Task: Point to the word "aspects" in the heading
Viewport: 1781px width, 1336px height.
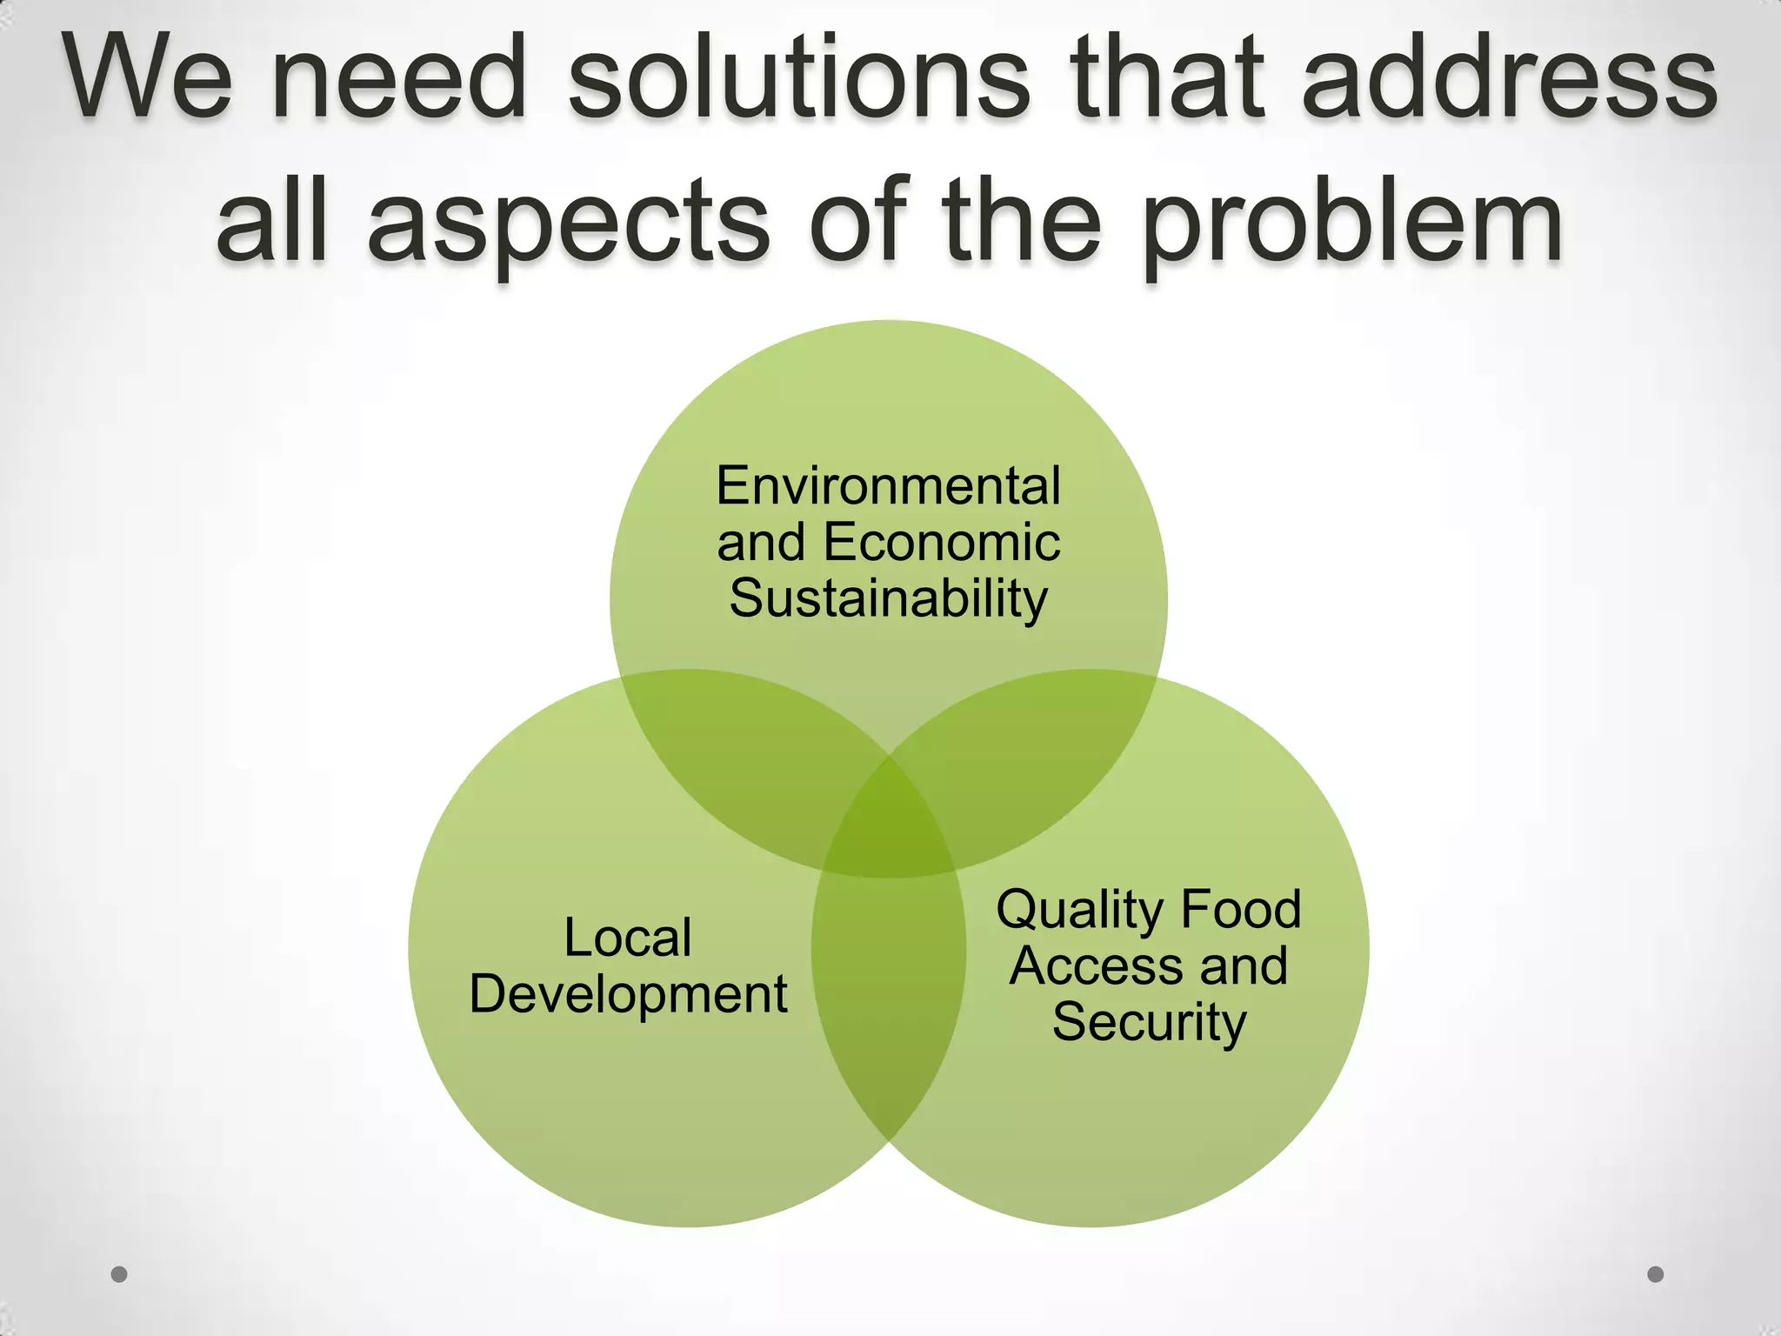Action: [x=569, y=224]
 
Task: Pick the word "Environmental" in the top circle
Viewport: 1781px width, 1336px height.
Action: [x=888, y=485]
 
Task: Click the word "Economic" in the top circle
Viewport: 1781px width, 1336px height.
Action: [x=942, y=543]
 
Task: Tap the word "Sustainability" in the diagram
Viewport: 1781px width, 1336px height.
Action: [x=888, y=598]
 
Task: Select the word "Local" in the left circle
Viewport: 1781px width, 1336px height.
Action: [x=628, y=938]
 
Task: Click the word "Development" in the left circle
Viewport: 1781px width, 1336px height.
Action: [x=628, y=994]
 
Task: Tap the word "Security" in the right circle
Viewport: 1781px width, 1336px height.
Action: [x=1149, y=1022]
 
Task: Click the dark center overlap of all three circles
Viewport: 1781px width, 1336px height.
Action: [x=889, y=826]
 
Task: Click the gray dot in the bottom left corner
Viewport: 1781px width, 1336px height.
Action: [x=119, y=1274]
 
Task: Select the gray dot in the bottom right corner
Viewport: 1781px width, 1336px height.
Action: [x=1656, y=1274]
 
